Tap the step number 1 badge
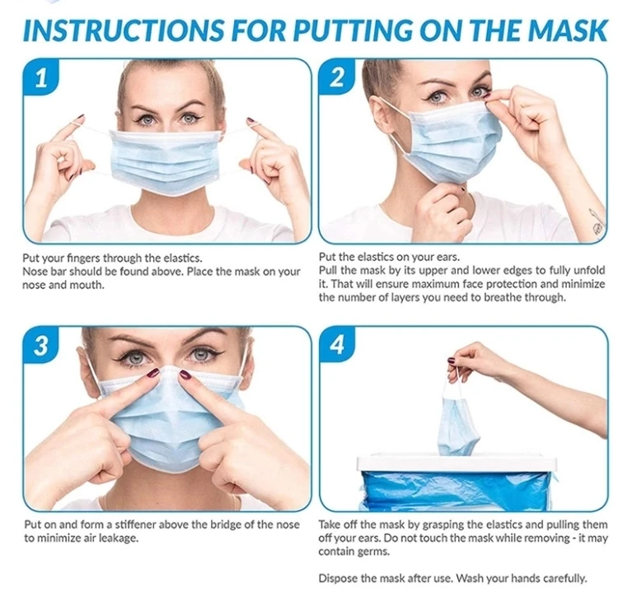point(41,77)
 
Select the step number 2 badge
point(336,77)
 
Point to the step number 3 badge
point(41,345)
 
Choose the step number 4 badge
point(336,345)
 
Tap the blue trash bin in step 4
point(456,482)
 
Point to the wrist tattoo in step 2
point(597,222)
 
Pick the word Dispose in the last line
point(335,578)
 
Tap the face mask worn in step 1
point(165,162)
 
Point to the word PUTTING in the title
point(353,30)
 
